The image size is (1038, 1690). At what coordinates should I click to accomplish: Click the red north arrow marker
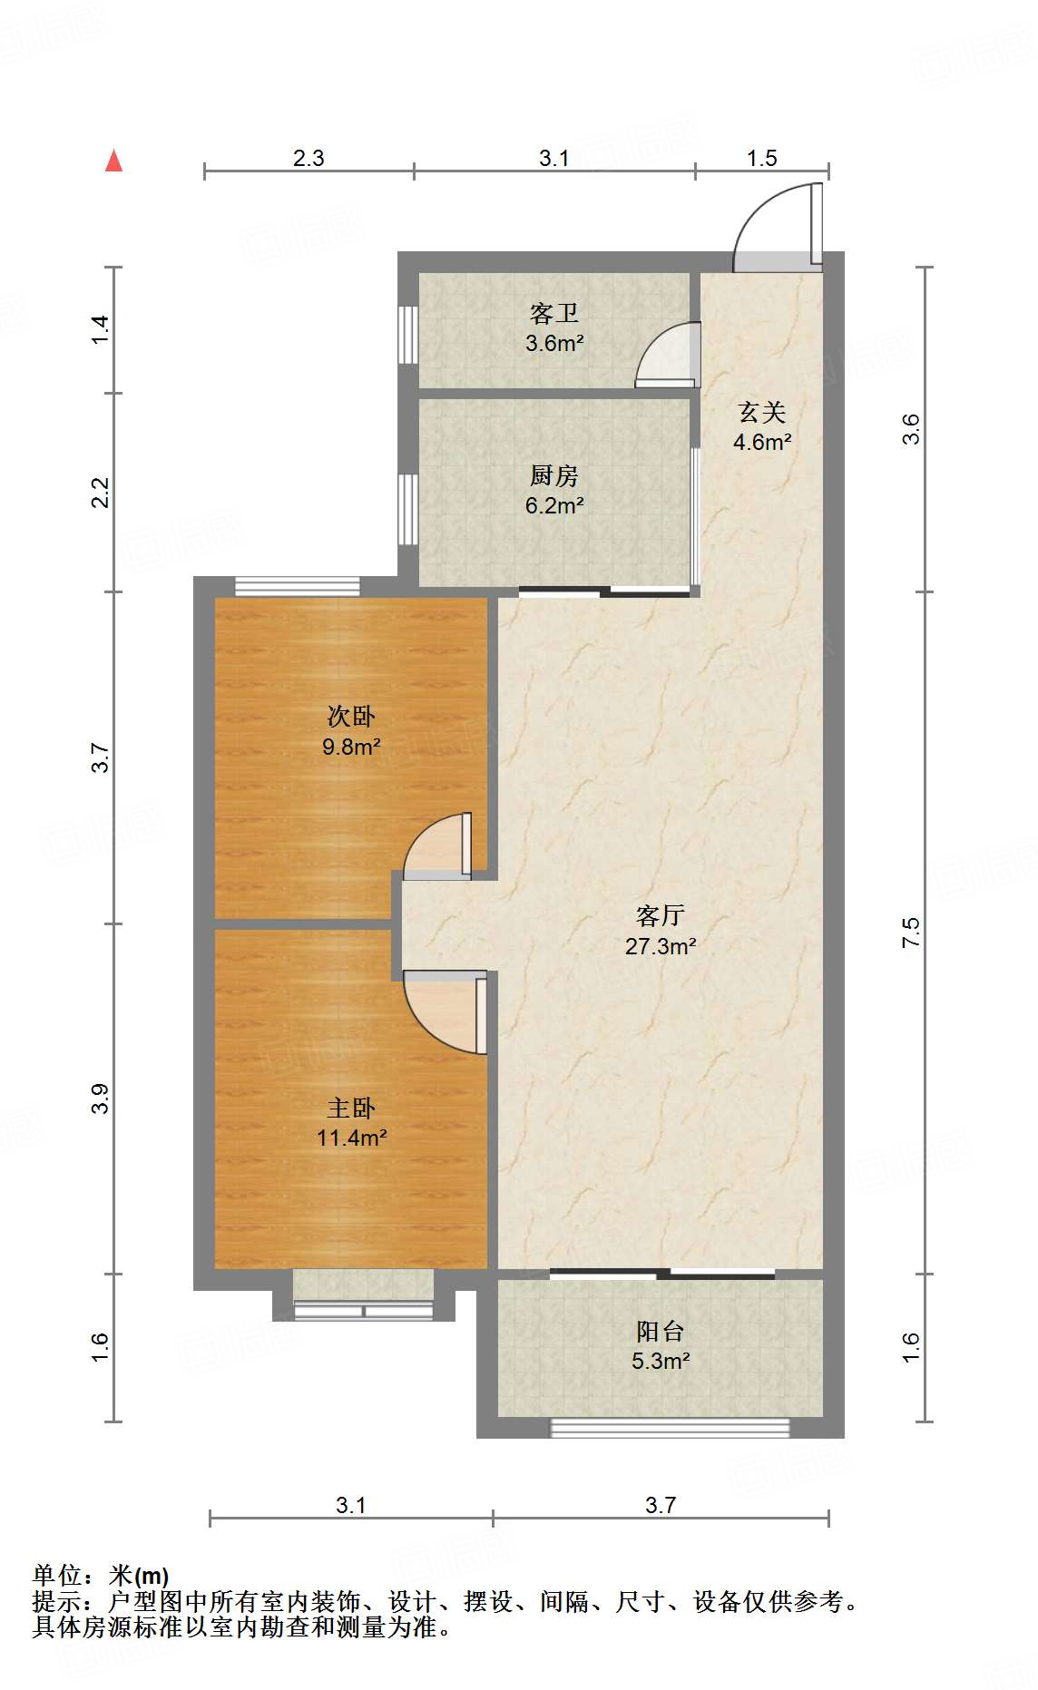tap(113, 161)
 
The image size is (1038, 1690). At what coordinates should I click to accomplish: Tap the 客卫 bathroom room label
tap(553, 314)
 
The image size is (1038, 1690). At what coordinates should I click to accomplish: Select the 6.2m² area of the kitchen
tap(553, 505)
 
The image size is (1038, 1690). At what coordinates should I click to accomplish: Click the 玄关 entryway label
tap(761, 413)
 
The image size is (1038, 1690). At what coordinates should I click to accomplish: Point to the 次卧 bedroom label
tap(351, 717)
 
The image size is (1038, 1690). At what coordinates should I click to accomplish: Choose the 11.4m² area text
tap(352, 1138)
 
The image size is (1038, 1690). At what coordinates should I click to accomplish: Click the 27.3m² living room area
tap(661, 946)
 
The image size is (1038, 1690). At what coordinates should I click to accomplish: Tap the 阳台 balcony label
tap(660, 1332)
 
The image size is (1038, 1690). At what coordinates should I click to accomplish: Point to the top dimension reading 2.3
tap(308, 158)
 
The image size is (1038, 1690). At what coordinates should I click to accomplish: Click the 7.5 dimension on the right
tap(910, 933)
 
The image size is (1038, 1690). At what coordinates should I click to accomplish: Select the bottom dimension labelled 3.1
tap(350, 1505)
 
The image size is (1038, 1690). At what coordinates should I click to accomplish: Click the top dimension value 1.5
tap(762, 158)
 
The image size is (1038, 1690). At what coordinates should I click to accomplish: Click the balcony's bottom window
tap(670, 1428)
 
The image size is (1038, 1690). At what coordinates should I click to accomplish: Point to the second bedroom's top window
tap(297, 586)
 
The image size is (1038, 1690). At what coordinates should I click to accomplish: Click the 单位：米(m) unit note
tap(101, 1576)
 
